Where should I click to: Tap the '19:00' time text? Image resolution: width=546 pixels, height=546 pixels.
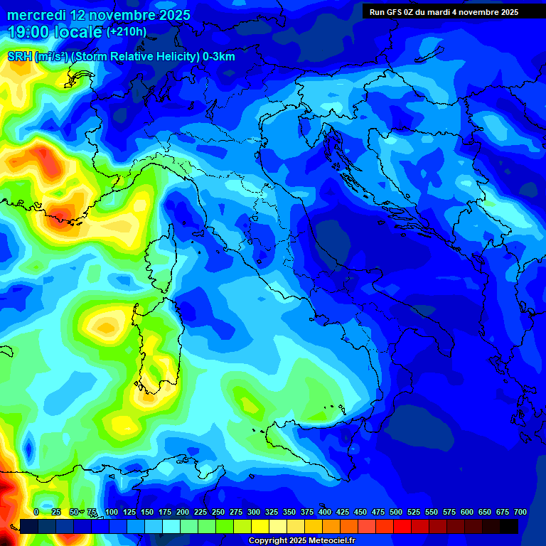click(x=28, y=31)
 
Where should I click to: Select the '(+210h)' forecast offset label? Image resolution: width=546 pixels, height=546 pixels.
click(x=127, y=31)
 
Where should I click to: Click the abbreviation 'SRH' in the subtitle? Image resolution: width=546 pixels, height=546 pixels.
click(x=19, y=57)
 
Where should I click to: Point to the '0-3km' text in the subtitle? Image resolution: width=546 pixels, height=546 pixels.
click(x=219, y=57)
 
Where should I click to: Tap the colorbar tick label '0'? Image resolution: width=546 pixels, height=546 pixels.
click(x=36, y=512)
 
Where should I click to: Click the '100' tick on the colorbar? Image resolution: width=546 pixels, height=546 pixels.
click(x=112, y=512)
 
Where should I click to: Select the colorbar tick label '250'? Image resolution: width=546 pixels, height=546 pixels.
click(x=218, y=512)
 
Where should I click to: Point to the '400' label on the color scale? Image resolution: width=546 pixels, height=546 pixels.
click(x=325, y=512)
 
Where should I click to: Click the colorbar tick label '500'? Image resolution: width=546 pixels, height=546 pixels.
click(x=396, y=512)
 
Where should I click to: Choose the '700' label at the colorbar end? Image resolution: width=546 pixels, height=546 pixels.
click(x=520, y=512)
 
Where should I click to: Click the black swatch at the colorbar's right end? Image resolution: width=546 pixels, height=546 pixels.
click(x=509, y=526)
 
